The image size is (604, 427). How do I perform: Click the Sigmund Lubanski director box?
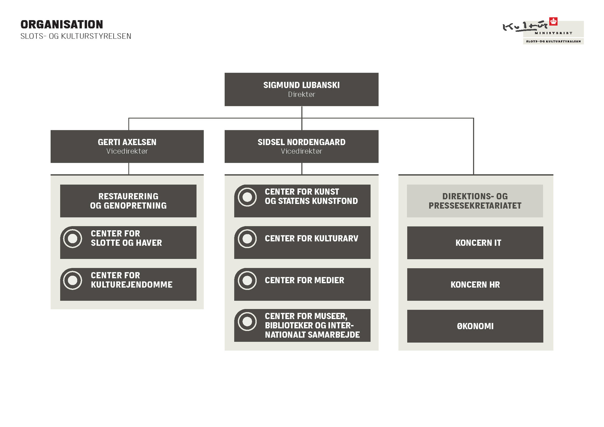click(301, 89)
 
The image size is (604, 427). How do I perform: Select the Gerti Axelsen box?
click(127, 146)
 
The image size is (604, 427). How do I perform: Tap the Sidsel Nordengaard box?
click(301, 146)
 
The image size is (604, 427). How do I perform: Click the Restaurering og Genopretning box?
click(128, 201)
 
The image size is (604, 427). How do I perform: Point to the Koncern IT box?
click(475, 243)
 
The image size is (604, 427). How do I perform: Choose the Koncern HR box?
click(475, 284)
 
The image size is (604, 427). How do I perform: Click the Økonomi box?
click(475, 326)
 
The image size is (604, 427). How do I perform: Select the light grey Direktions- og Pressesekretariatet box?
click(475, 201)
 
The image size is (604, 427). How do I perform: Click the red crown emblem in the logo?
click(553, 21)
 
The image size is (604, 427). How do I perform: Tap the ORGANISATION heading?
click(62, 24)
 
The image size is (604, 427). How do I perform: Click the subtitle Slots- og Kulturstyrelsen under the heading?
click(76, 36)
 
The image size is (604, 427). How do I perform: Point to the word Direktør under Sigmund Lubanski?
click(301, 94)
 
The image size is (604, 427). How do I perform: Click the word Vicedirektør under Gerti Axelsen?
click(127, 151)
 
